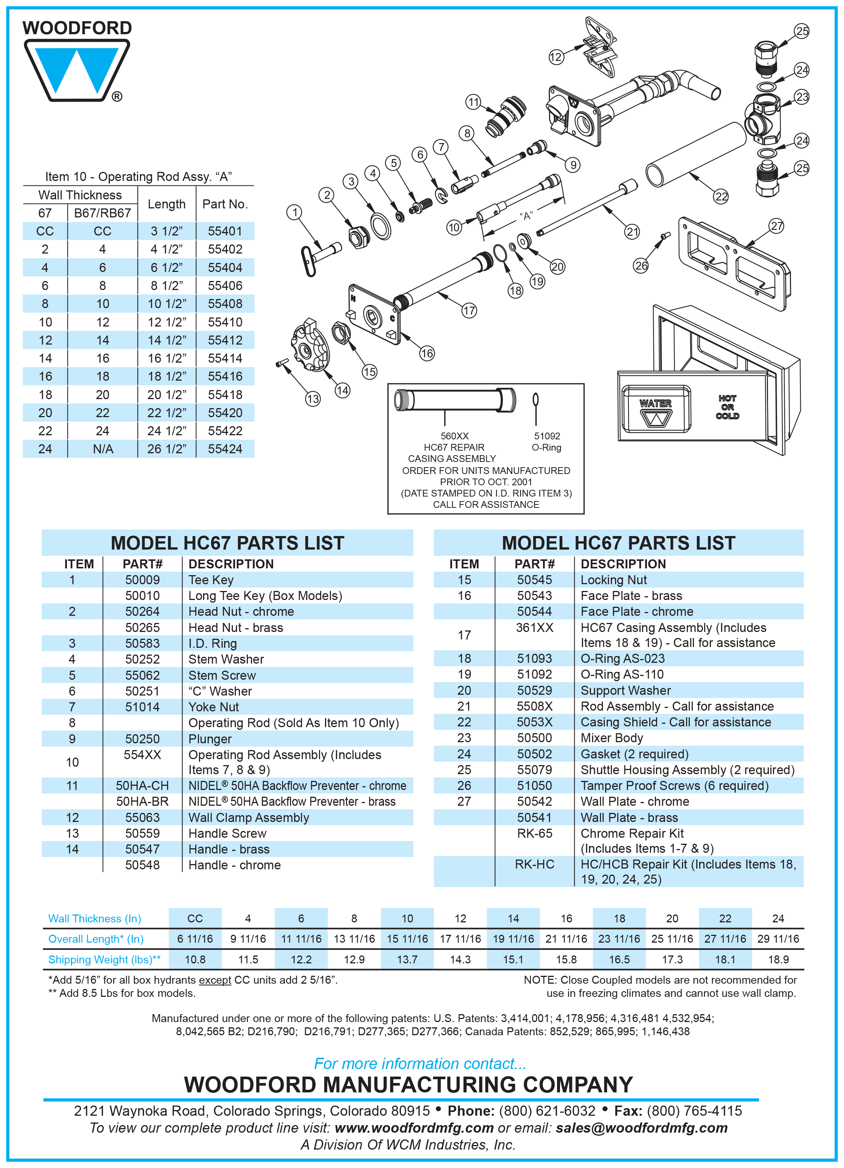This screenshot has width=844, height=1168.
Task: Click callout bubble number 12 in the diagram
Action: [x=556, y=57]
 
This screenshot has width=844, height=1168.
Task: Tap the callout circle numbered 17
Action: [x=469, y=311]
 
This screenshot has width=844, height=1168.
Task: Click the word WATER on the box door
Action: [x=655, y=403]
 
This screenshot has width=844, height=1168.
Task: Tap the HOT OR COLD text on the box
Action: [x=727, y=407]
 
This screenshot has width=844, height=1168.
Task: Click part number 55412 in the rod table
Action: [x=225, y=340]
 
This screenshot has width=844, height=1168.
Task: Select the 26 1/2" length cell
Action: [x=166, y=449]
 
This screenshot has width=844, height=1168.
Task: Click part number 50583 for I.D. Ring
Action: [x=142, y=643]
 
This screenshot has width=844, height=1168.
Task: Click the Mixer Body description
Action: [x=612, y=738]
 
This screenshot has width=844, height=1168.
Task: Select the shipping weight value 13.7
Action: [x=407, y=960]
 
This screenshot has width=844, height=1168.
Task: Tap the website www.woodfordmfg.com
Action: [x=414, y=1128]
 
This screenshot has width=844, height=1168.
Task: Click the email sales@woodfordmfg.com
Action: [x=641, y=1128]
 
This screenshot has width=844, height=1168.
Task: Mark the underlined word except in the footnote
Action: [x=215, y=980]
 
